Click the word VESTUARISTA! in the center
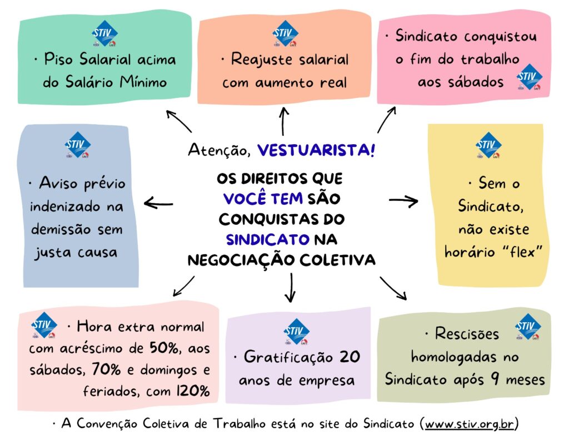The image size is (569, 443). tap(316, 150)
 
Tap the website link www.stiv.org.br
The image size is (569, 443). tap(470, 424)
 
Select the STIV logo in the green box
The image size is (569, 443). tap(105, 34)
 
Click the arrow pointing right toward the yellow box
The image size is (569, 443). tap(403, 201)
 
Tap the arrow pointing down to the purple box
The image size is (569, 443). tap(290, 288)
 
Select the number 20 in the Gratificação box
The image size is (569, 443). tap(350, 357)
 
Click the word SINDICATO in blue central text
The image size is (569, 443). tap(267, 240)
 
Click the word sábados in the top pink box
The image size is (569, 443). tap(461, 82)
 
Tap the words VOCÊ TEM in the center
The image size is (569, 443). tap(263, 198)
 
